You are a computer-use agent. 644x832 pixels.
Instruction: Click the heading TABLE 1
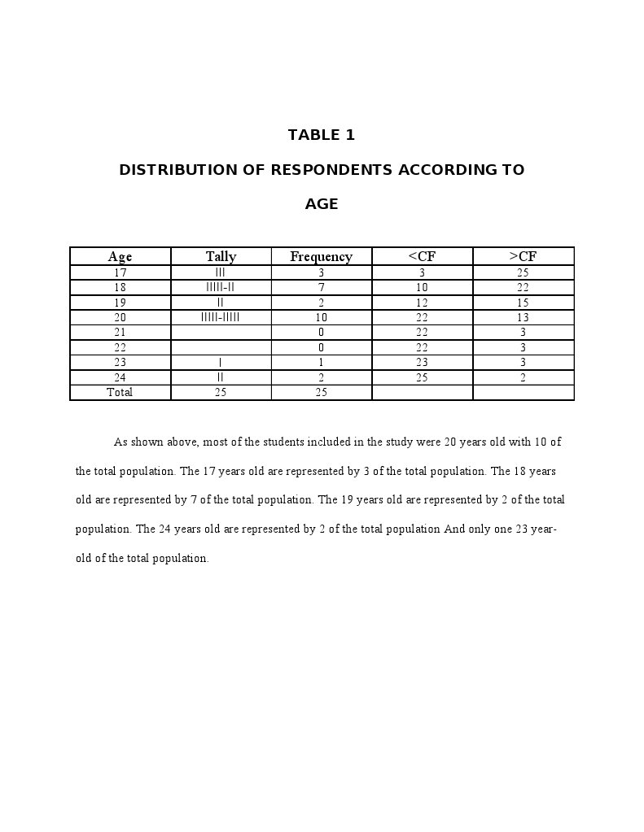pos(322,135)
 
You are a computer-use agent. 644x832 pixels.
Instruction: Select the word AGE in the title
pos(322,204)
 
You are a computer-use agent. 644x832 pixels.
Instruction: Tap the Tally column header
pos(221,256)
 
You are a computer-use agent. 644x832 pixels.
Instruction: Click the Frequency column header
pos(322,256)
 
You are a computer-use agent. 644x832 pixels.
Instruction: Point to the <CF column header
pos(422,256)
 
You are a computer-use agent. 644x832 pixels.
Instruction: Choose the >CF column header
pos(523,256)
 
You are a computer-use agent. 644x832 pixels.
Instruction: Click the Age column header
pos(120,256)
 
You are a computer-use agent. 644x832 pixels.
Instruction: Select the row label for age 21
pos(120,332)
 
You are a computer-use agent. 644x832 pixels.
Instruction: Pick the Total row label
pos(120,392)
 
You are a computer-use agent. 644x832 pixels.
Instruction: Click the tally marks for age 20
pos(221,317)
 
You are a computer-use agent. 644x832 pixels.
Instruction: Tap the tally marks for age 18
pos(221,287)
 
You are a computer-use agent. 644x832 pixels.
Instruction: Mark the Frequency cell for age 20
pos(322,317)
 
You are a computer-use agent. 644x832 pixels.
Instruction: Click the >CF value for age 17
pos(523,272)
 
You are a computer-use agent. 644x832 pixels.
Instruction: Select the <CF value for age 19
pos(422,303)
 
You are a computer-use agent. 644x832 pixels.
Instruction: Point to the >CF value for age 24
pos(523,377)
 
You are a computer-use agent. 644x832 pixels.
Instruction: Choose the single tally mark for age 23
pos(221,362)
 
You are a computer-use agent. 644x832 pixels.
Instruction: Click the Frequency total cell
pos(322,392)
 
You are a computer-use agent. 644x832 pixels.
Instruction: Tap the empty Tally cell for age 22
pos(221,347)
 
